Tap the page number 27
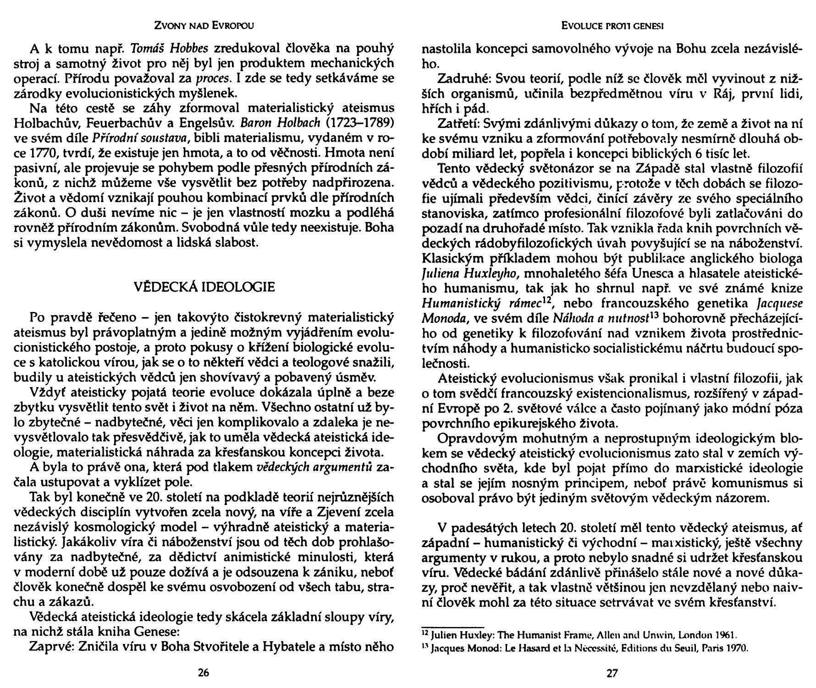click(x=612, y=673)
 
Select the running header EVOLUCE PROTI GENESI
click(x=612, y=26)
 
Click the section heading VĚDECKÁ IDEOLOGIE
click(x=204, y=287)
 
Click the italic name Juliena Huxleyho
click(x=470, y=274)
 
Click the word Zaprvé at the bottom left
click(x=51, y=647)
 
